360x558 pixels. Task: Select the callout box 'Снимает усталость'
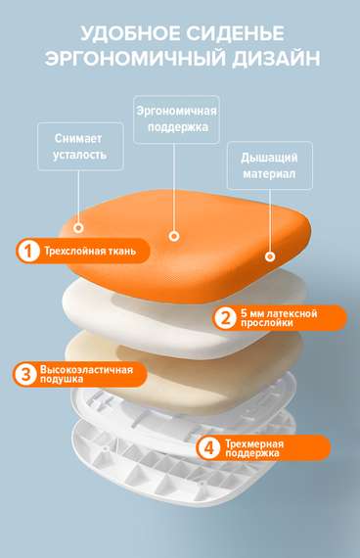point(74,147)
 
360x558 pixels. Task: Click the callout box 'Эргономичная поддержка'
point(176,119)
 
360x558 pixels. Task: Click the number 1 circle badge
point(29,251)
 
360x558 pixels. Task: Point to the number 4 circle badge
point(208,448)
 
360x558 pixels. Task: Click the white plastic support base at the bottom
point(147,470)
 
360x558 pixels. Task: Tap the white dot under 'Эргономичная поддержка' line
point(174,236)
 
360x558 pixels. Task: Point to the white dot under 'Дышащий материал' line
point(269,256)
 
